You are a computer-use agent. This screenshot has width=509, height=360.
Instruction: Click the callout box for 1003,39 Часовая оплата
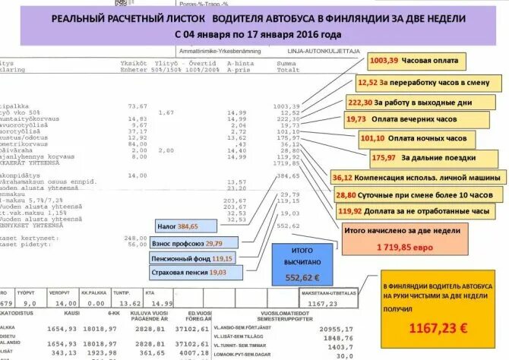pyautogui.click(x=415, y=60)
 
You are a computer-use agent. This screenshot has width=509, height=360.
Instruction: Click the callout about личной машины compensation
pyautogui.click(x=417, y=177)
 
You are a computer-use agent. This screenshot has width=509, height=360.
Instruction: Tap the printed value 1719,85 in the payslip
pyautogui.click(x=285, y=163)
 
